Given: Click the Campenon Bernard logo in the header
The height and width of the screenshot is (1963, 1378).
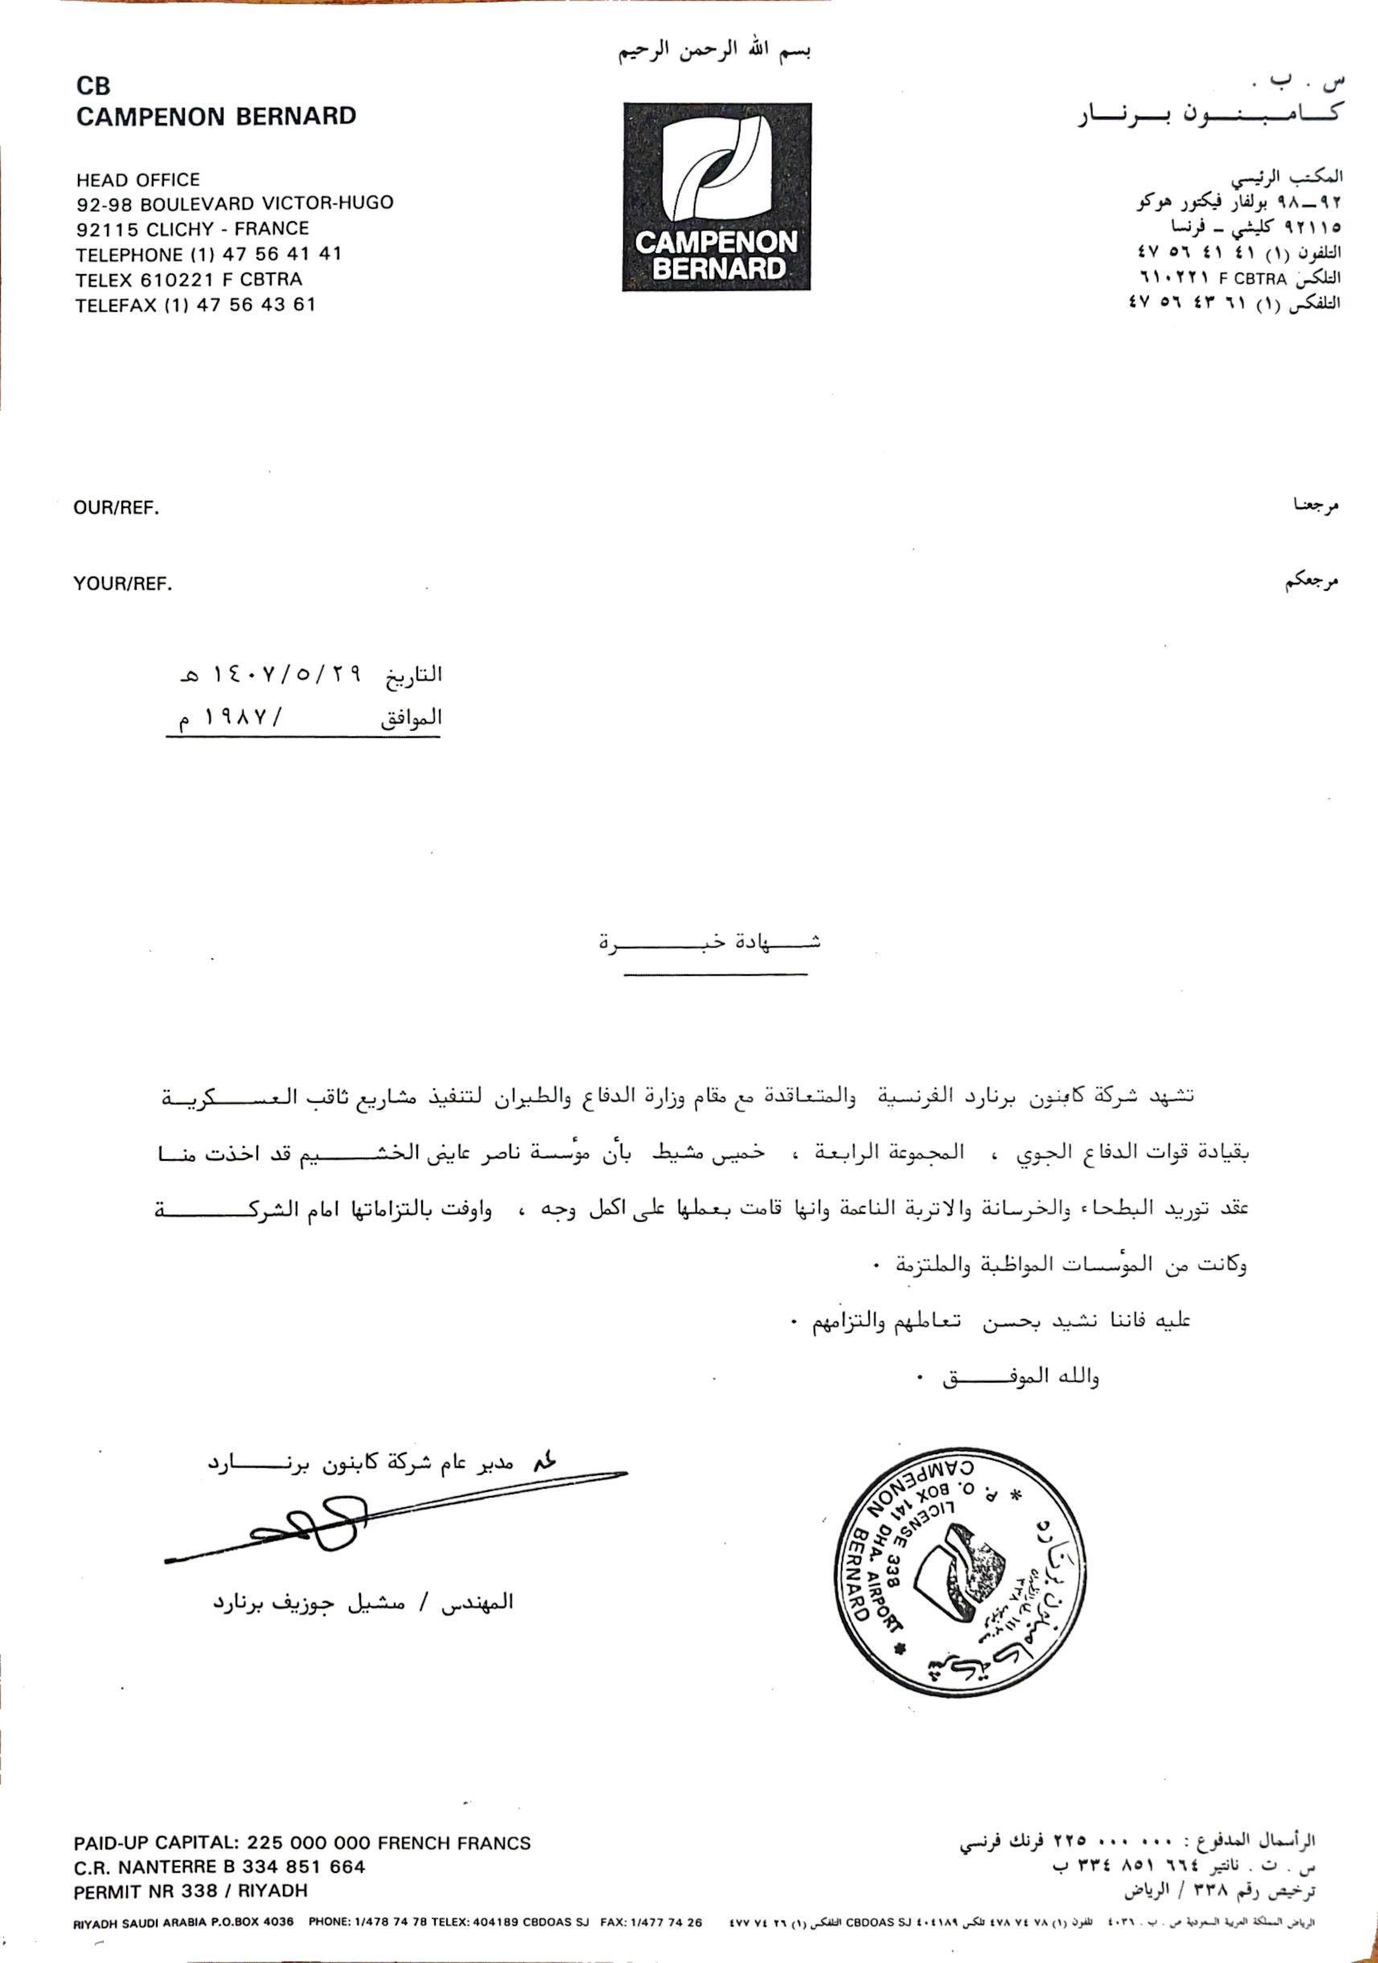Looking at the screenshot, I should [716, 197].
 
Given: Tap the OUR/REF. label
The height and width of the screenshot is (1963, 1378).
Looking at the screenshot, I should [117, 508].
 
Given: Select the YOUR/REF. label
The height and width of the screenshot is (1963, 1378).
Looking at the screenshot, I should [122, 584].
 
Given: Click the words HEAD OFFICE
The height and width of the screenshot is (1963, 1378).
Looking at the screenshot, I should [137, 179].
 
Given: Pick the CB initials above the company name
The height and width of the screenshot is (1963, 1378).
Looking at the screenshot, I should [93, 85].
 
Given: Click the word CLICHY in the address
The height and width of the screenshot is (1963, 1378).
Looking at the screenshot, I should [179, 229].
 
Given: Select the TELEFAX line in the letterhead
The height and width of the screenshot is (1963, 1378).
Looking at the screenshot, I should [195, 305].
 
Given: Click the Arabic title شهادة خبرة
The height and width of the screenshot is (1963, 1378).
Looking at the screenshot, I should [710, 943].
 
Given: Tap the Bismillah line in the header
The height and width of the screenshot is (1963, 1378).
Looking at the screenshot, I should [715, 51].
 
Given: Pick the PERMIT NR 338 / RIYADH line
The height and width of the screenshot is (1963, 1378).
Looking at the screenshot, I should [190, 1891].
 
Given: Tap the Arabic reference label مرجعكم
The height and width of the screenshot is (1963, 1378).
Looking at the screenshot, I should [1310, 582].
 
